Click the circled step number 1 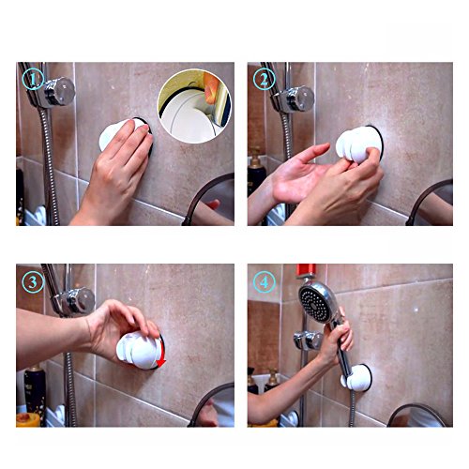pyautogui.click(x=33, y=80)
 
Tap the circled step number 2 pyautogui.click(x=264, y=80)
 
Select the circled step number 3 pyautogui.click(x=33, y=282)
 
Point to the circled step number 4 pyautogui.click(x=265, y=282)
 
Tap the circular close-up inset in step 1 pyautogui.click(x=195, y=106)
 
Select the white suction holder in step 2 pyautogui.click(x=358, y=145)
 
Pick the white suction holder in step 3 pyautogui.click(x=140, y=350)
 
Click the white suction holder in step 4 pyautogui.click(x=357, y=378)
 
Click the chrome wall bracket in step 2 pyautogui.click(x=293, y=98)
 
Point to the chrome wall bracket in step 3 pyautogui.click(x=74, y=300)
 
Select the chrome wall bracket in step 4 pyautogui.click(x=308, y=340)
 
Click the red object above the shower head pyautogui.click(x=307, y=271)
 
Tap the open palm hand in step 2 pyautogui.click(x=298, y=175)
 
